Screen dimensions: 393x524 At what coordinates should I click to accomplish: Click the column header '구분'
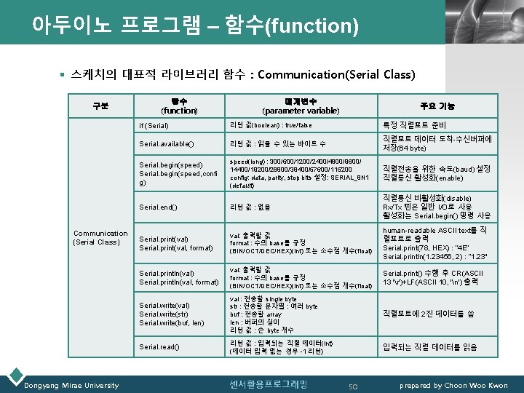(100, 106)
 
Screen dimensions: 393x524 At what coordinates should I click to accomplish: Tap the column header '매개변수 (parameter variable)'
(301, 106)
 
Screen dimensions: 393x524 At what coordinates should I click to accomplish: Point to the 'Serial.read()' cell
(159, 347)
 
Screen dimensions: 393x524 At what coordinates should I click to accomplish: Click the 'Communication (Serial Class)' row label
(100, 237)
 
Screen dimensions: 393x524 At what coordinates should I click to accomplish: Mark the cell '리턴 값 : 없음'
(250, 207)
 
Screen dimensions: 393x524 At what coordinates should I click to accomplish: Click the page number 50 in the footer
(354, 384)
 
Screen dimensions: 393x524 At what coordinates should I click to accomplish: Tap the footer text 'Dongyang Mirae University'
(73, 385)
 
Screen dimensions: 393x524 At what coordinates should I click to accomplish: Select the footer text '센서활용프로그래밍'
(269, 384)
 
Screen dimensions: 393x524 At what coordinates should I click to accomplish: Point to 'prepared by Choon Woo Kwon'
(454, 385)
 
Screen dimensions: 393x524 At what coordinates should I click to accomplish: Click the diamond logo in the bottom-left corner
(12, 378)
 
